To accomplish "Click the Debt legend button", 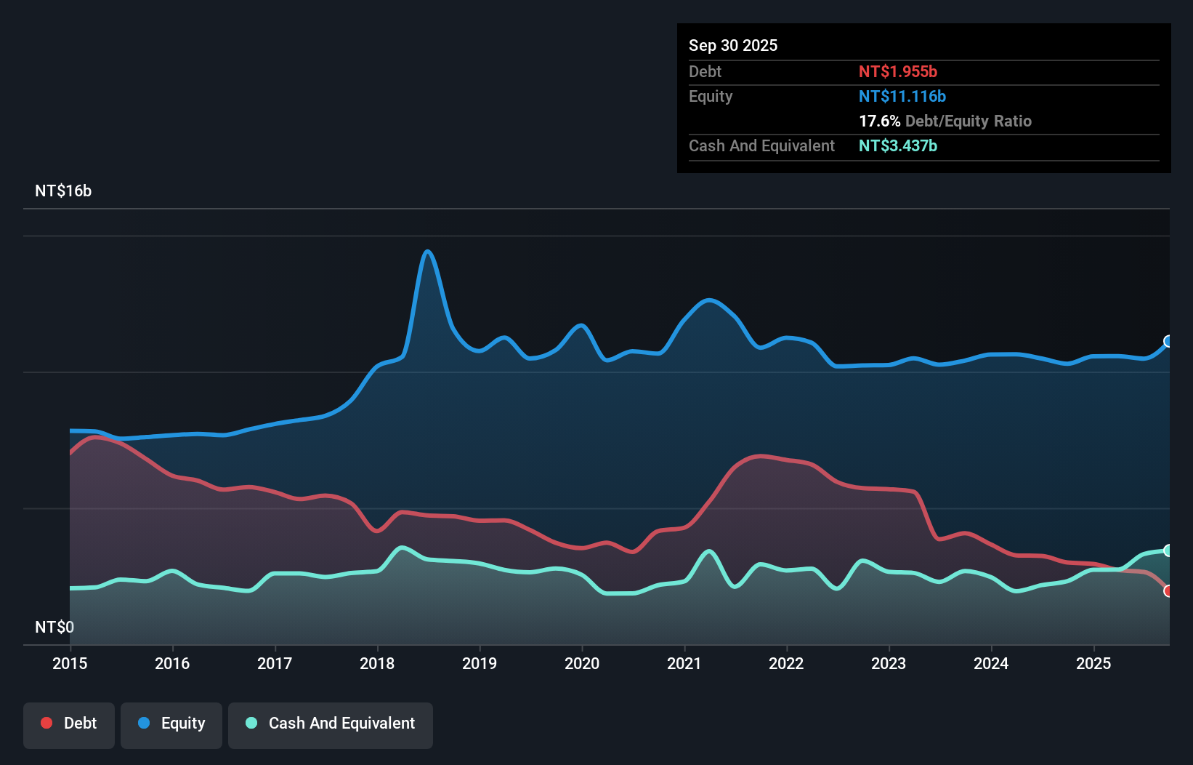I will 69,724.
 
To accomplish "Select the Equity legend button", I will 171,724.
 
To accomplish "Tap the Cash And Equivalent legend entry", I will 331,724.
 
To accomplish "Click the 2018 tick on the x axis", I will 377,663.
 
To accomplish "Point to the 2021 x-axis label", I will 684,663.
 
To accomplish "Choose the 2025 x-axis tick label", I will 1093,663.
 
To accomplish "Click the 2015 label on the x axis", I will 70,663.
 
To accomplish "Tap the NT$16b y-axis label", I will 63,191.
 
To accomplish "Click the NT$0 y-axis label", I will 54,627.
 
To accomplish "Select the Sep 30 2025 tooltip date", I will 733,45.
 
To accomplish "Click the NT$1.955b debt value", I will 898,72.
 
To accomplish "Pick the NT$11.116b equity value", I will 902,97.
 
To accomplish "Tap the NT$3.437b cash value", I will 898,146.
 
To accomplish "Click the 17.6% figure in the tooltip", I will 879,121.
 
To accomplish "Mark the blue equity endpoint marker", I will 1168,342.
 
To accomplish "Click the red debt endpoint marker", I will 1168,591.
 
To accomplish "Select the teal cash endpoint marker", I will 1168,550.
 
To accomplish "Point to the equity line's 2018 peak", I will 428,252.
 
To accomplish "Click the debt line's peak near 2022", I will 760,456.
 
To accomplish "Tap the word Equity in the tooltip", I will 711,97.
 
